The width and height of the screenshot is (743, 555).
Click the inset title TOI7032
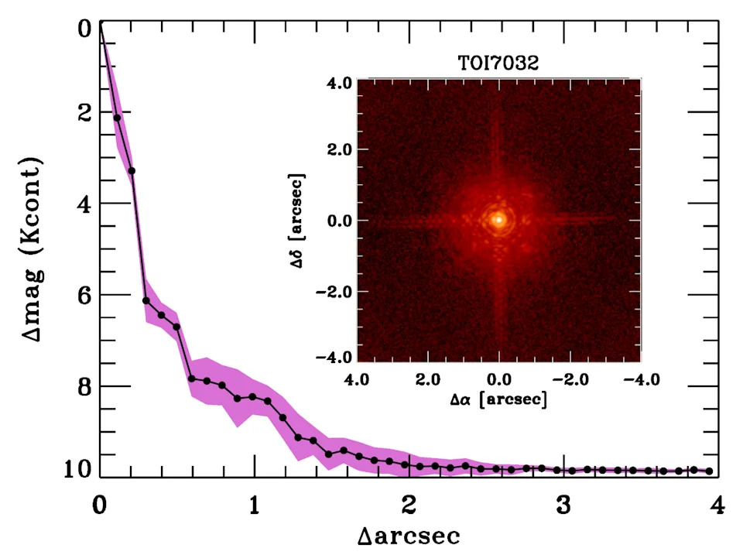[x=498, y=63]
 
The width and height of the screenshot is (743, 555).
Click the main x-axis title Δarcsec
[x=409, y=536]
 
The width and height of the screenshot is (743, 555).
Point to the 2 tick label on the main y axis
[x=85, y=112]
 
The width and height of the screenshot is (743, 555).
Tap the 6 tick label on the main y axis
[x=85, y=295]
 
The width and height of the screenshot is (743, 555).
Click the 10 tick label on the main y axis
[x=78, y=469]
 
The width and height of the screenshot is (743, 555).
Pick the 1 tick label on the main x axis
[x=255, y=505]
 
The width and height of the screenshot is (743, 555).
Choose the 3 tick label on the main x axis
[x=563, y=505]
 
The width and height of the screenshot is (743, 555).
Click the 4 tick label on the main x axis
[x=717, y=505]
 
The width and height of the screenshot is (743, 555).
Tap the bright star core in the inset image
[x=498, y=220]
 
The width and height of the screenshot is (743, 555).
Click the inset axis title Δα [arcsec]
[x=498, y=399]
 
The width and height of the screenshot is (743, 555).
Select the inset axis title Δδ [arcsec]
[x=296, y=221]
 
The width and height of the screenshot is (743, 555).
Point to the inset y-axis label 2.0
[x=339, y=149]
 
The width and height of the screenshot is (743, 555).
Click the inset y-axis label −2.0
[x=334, y=292]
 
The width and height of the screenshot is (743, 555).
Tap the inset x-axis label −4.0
[x=641, y=379]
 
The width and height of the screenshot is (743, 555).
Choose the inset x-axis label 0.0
[x=498, y=379]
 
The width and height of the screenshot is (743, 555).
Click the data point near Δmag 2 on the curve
[x=117, y=118]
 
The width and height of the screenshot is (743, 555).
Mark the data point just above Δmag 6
[x=146, y=300]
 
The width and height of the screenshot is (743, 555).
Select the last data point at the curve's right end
[x=709, y=471]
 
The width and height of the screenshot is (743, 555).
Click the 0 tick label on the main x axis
[x=100, y=505]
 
